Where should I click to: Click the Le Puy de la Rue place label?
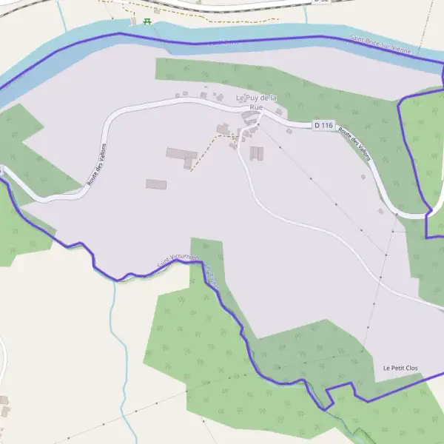point(256,102)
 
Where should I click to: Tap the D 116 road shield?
point(322,125)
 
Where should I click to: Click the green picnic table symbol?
point(147,21)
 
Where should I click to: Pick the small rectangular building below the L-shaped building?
point(156,184)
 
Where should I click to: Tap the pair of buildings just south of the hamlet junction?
point(257,153)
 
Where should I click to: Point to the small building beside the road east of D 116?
point(363,177)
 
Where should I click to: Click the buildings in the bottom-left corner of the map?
point(4,405)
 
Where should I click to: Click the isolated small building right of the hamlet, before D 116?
point(289,131)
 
